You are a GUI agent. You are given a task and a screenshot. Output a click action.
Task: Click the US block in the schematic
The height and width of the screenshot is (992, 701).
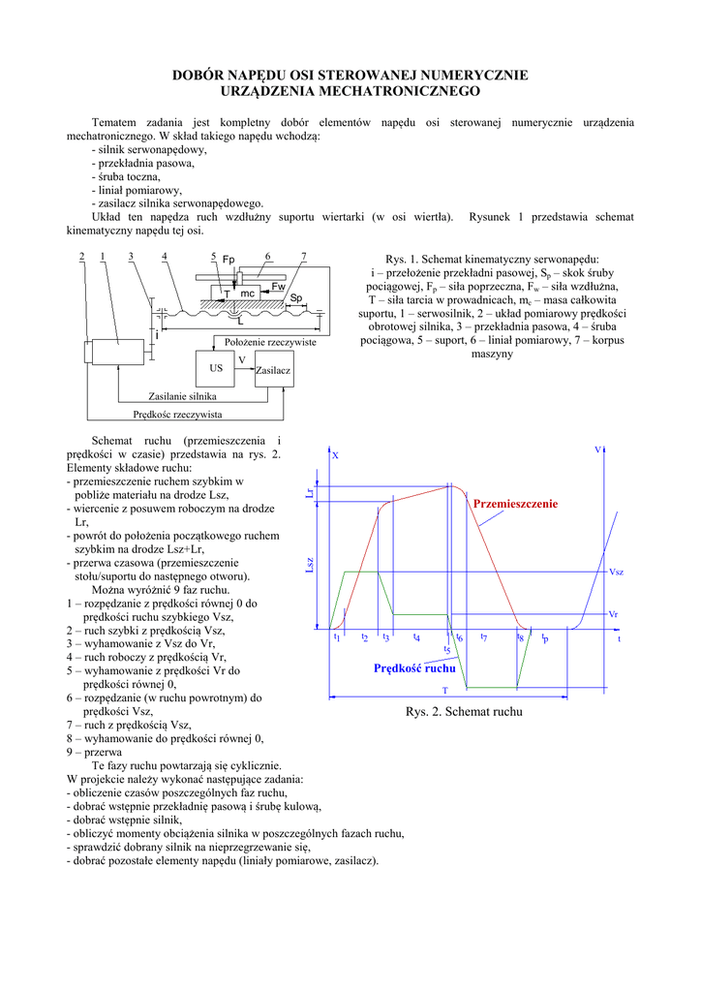(216, 369)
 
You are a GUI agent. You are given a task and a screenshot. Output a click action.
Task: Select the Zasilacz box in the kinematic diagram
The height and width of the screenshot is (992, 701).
(274, 370)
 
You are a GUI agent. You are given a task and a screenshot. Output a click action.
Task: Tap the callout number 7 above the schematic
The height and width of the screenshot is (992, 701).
(304, 256)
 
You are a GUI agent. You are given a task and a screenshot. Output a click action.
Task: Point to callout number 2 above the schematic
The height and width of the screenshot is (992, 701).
(81, 256)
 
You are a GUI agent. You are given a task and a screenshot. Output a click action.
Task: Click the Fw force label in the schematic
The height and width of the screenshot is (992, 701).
(277, 287)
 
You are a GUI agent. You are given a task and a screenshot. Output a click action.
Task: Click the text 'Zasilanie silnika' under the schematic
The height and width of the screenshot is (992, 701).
(182, 397)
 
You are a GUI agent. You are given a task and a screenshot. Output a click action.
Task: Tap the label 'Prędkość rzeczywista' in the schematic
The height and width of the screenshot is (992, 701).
(177, 415)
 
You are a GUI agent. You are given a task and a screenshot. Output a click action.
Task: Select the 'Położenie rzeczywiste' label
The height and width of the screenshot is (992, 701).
(271, 343)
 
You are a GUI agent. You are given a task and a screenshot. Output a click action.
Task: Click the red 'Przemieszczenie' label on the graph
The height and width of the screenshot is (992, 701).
(515, 505)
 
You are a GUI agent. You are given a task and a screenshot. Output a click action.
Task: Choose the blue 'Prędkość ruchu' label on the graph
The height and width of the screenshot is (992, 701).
(414, 669)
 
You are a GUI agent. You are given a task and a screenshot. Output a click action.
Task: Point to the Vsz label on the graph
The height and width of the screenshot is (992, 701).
(616, 573)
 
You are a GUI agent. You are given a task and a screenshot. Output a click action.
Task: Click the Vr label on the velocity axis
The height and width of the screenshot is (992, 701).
(613, 615)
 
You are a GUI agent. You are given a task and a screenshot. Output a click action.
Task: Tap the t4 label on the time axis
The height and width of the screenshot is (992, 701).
(416, 637)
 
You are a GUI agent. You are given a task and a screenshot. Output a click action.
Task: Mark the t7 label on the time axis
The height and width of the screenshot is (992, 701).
(483, 637)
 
